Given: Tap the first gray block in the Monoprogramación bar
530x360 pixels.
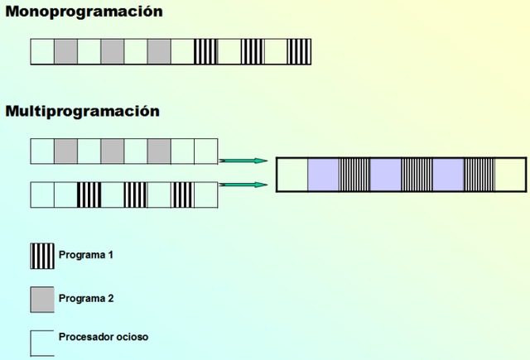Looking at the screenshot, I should click(x=65, y=51).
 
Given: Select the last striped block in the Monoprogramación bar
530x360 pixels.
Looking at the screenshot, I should click(x=300, y=51).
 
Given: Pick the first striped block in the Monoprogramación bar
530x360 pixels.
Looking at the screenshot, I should click(x=205, y=51).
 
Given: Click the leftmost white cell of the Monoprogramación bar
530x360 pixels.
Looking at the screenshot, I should click(x=42, y=51).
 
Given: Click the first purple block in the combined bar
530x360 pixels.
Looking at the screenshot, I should click(x=323, y=175).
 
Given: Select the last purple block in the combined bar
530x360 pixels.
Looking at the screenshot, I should click(x=448, y=175).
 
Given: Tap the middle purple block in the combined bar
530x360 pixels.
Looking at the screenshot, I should click(x=385, y=175).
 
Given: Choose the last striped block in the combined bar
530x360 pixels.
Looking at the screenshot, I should click(x=479, y=175).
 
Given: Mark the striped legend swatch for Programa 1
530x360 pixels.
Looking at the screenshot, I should click(x=42, y=256).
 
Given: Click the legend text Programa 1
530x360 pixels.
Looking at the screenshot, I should click(x=85, y=254).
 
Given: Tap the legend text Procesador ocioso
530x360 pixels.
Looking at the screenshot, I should click(x=104, y=337).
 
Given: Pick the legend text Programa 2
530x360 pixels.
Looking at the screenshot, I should click(x=85, y=297).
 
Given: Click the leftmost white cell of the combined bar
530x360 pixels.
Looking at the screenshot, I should click(x=292, y=175).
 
